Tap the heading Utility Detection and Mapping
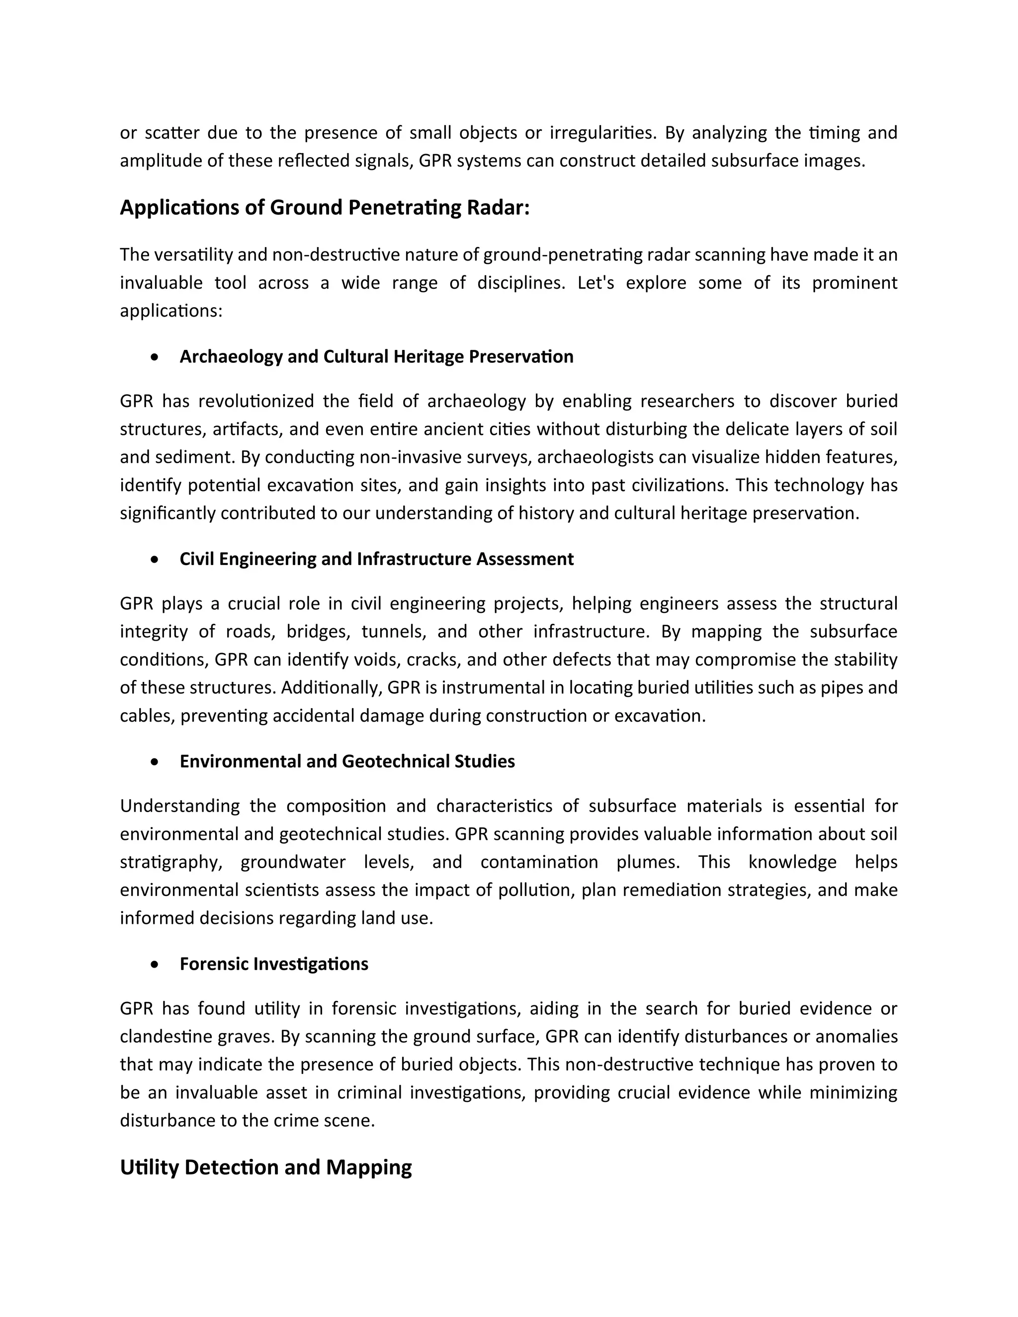[265, 1167]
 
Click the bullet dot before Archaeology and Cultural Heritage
[156, 357]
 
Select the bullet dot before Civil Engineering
[156, 560]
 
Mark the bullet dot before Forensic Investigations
[156, 965]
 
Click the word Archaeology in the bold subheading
[231, 357]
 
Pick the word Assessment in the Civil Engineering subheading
[525, 560]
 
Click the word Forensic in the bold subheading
[214, 964]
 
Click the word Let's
[595, 283]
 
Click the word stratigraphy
[170, 863]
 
